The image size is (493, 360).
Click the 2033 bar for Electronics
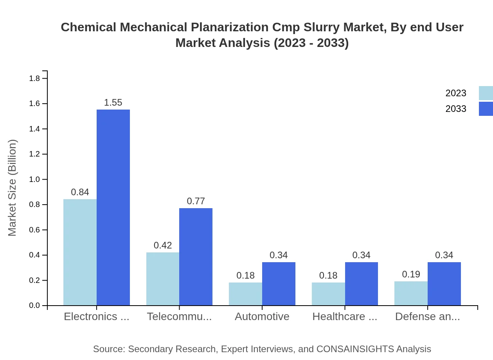point(113,207)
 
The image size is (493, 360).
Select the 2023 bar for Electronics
point(80,252)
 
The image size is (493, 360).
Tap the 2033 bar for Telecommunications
point(196,257)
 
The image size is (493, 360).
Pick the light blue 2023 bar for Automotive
point(245,294)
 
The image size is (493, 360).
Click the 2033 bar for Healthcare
point(362,284)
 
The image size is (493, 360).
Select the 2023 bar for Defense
point(411,293)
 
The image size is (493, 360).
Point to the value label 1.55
point(113,103)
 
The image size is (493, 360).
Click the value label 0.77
point(196,201)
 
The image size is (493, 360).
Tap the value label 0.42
point(163,245)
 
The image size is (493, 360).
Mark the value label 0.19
point(411,274)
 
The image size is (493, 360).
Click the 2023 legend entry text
point(456,93)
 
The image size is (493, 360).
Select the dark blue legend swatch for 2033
point(486,109)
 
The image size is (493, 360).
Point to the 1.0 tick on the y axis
point(35,180)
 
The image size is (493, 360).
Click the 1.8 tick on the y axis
point(35,79)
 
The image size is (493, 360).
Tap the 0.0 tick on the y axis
point(35,306)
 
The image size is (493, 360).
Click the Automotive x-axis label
point(262,317)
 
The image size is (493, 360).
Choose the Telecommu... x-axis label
point(179,317)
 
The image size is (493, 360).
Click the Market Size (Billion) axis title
point(13,188)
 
